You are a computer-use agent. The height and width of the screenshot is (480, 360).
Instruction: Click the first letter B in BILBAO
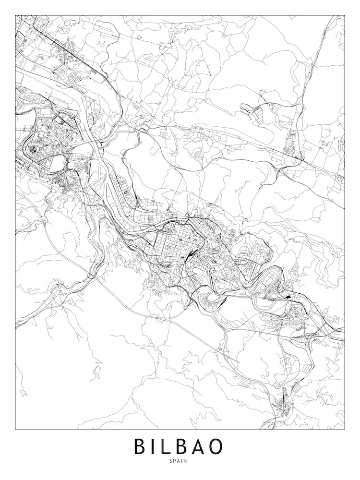(x=141, y=446)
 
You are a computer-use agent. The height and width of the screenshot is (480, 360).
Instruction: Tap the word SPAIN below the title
(x=180, y=461)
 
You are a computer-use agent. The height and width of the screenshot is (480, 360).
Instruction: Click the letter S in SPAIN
(x=172, y=461)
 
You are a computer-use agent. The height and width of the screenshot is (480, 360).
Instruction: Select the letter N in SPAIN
(x=187, y=461)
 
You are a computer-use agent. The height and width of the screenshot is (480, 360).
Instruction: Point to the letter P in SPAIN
(x=176, y=461)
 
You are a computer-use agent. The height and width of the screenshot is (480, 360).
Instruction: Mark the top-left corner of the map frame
(x=15, y=15)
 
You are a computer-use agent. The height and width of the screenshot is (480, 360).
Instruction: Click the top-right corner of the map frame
(x=345, y=15)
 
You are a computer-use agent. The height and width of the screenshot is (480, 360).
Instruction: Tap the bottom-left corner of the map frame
(x=15, y=429)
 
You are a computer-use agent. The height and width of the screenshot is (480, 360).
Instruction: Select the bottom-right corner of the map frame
(x=345, y=429)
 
